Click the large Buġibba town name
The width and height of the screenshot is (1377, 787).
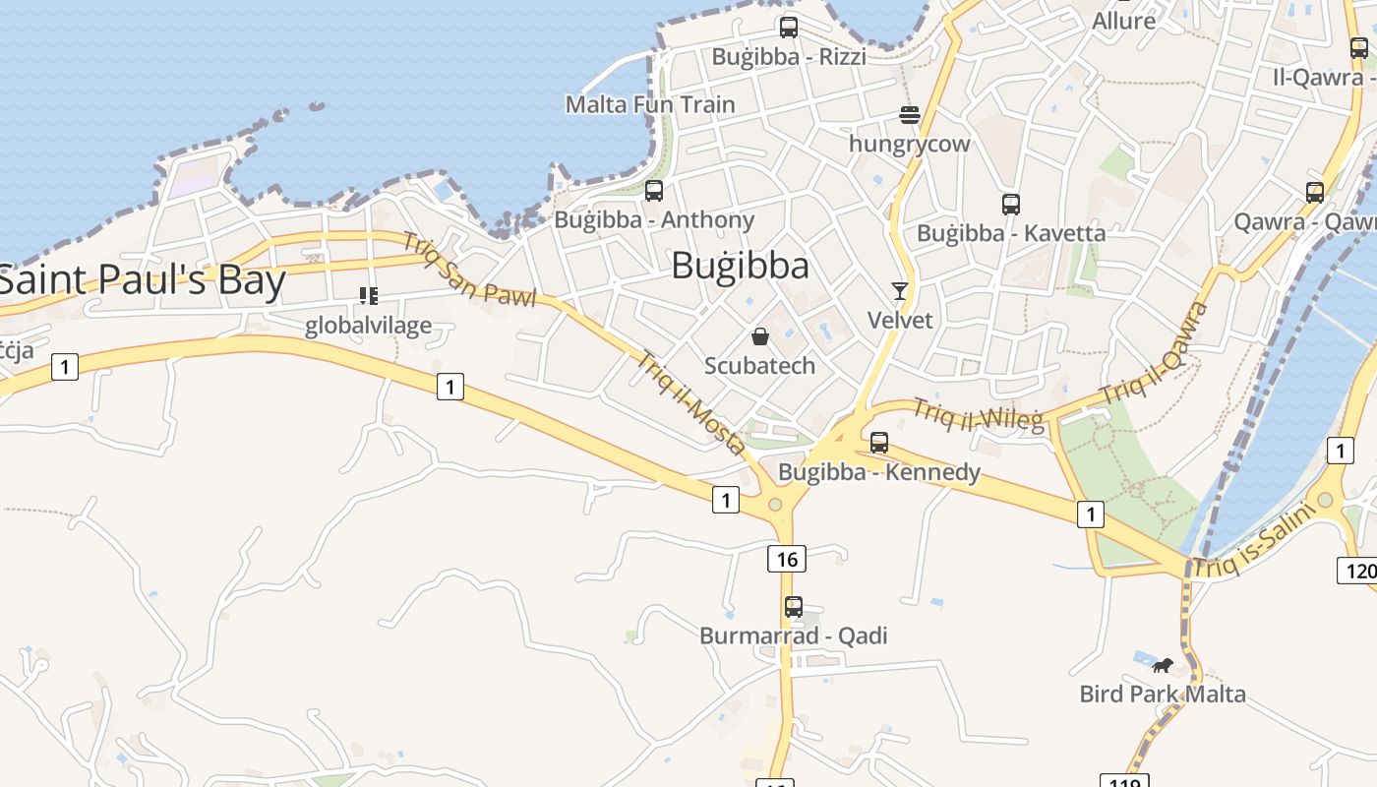(741, 266)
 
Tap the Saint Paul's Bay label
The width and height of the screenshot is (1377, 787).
(143, 280)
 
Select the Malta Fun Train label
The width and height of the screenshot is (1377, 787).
(650, 104)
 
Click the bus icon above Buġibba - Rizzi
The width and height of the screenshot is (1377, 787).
(789, 28)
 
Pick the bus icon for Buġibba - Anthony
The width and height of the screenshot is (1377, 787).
(654, 191)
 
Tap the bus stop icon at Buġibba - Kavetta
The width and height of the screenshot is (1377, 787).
(1010, 205)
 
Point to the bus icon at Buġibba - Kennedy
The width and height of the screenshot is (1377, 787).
(879, 443)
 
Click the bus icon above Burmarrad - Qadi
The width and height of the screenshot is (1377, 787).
(794, 607)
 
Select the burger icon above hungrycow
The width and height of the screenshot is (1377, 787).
(909, 115)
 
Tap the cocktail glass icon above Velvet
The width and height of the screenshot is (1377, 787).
(899, 290)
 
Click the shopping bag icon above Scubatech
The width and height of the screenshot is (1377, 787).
(760, 336)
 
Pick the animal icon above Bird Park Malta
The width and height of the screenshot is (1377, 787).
(1163, 666)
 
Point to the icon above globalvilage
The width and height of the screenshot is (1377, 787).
(369, 295)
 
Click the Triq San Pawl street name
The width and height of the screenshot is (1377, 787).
(469, 269)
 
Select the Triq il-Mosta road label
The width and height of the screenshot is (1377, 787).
(691, 402)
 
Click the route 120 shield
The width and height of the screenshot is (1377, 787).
(1356, 570)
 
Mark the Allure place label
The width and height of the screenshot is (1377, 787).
(1123, 21)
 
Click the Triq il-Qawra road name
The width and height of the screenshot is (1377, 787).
(1155, 353)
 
